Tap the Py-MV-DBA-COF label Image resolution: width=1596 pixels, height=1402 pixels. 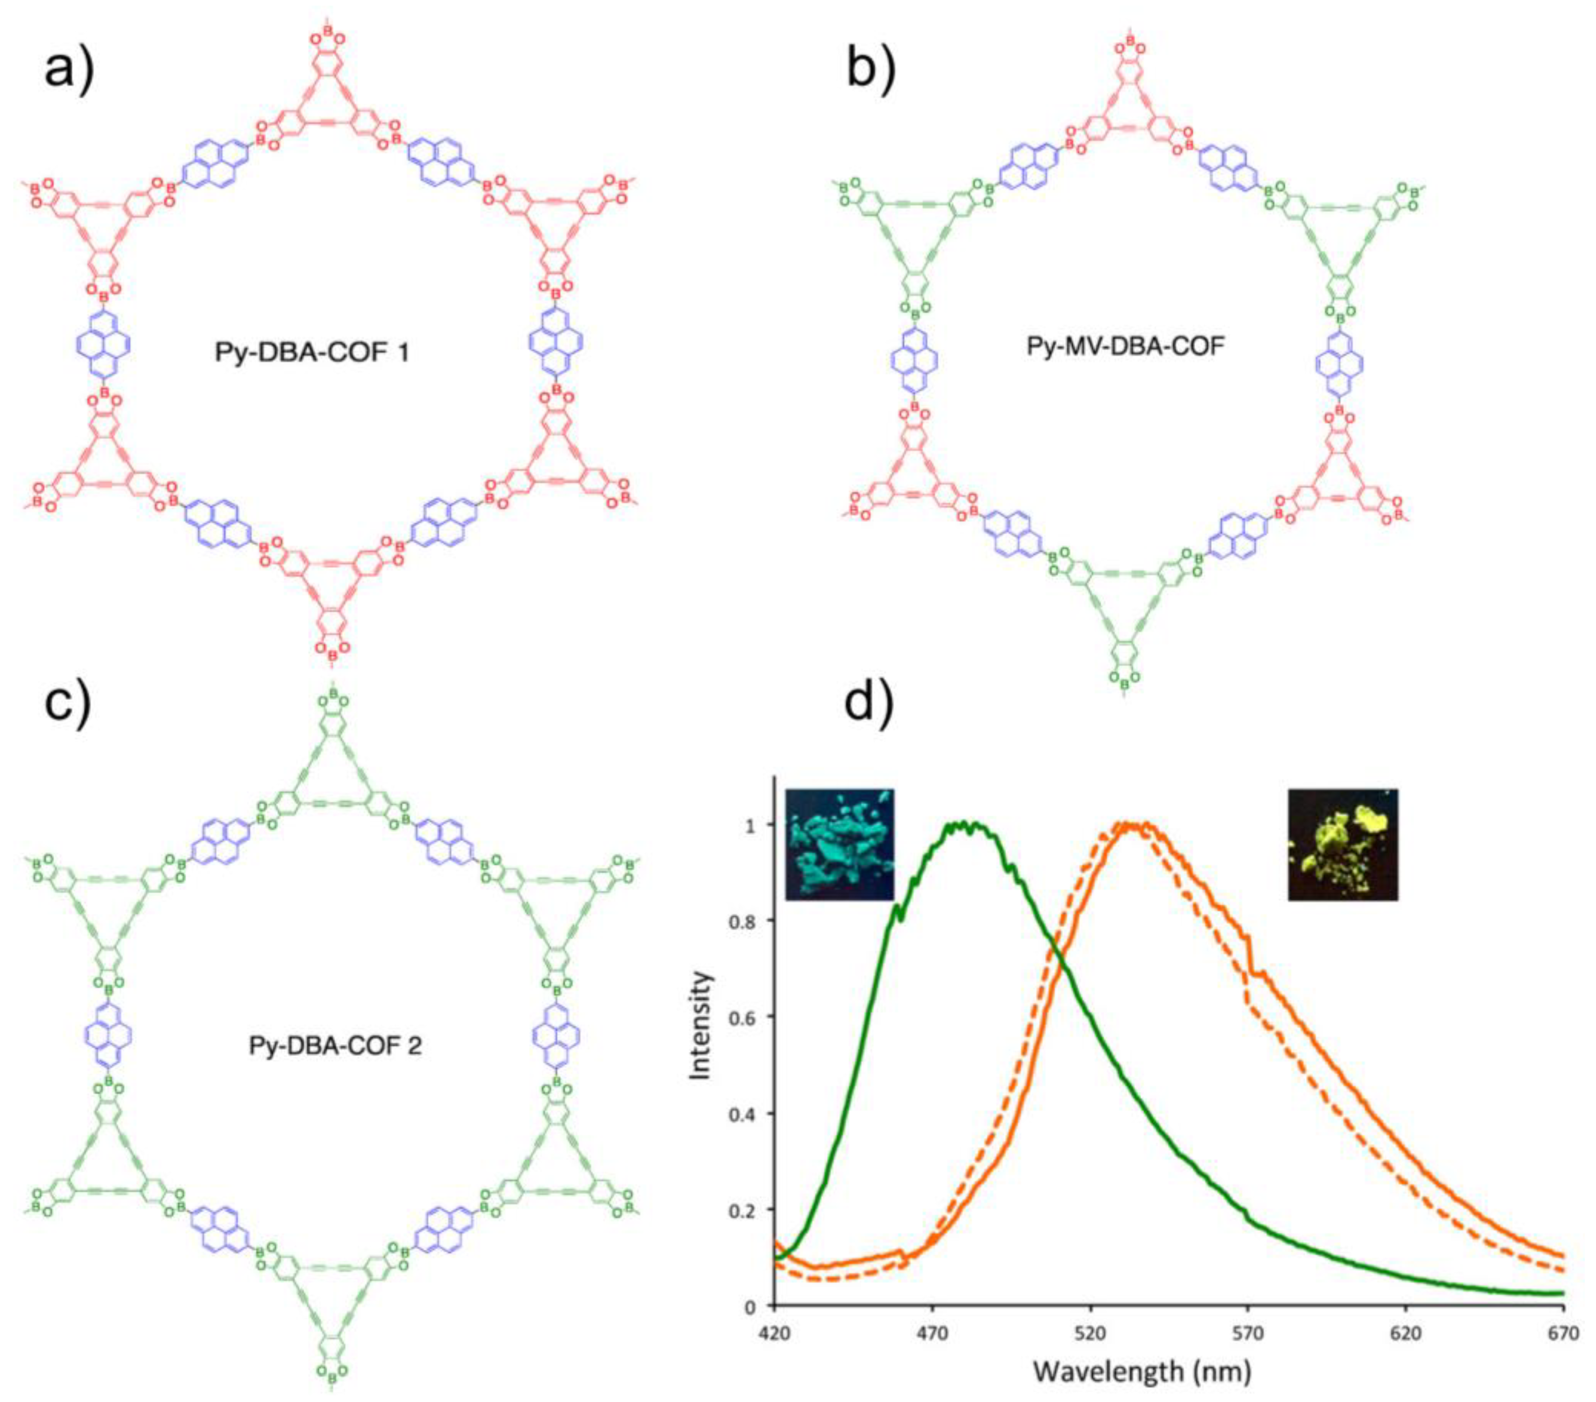coord(1124,345)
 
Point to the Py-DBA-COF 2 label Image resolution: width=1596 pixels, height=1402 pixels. coord(335,1045)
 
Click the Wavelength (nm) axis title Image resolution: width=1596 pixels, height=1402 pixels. coord(1142,1371)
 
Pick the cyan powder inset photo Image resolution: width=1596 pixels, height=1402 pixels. coord(839,844)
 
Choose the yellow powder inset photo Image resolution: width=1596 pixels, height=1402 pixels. coord(1343,844)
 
